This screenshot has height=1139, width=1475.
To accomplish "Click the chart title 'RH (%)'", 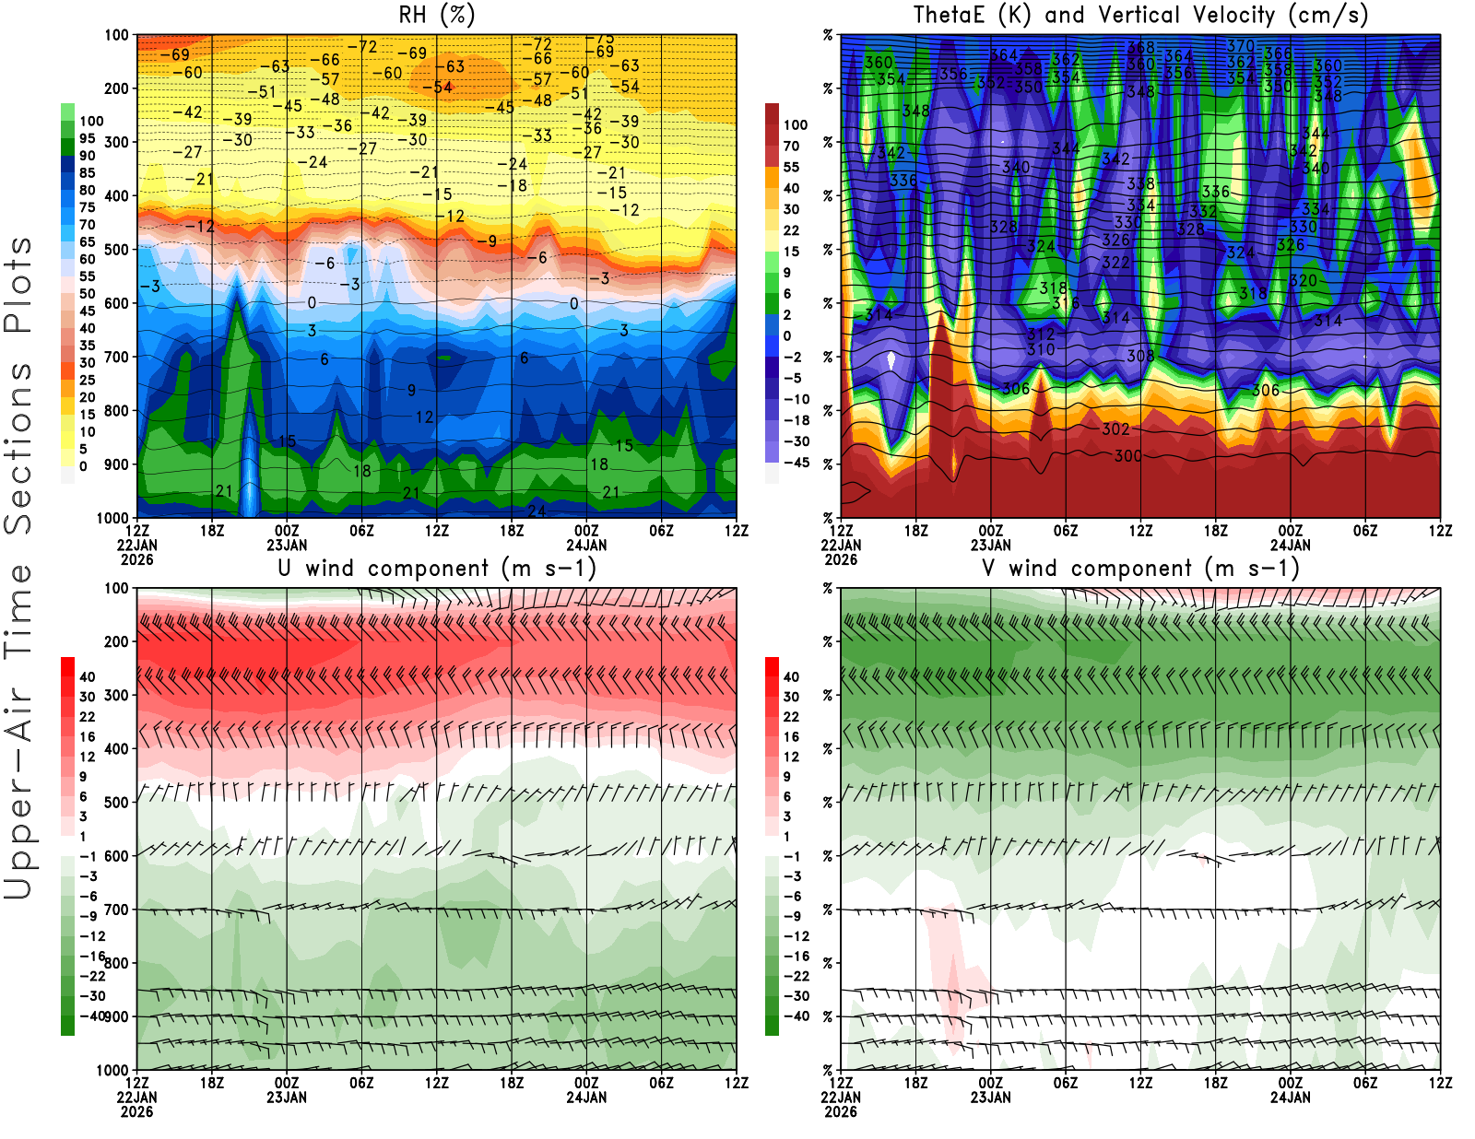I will pos(436,16).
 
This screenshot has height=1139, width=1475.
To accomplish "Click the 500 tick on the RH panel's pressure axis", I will pos(116,250).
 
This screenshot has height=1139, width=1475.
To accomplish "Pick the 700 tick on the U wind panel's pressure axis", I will pos(116,910).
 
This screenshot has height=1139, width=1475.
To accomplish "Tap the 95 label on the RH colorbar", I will pos(87,138).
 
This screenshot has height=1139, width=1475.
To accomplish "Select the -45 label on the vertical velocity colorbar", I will pos(796,463).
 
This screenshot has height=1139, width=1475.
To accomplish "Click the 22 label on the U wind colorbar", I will pos(87,717).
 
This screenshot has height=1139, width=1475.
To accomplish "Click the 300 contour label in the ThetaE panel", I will pos(1127,456).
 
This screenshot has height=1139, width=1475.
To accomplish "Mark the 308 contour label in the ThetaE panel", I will pos(1140,356).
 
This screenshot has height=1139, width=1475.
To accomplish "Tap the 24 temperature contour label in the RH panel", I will pos(537,511).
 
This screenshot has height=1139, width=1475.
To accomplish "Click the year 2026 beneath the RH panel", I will pos(136,559).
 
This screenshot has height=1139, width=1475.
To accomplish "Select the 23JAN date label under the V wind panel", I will pos(990,1098).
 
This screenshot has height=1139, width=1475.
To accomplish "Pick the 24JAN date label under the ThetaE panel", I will pos(1290,545).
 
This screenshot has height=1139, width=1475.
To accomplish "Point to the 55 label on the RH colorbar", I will pos(87,276).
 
